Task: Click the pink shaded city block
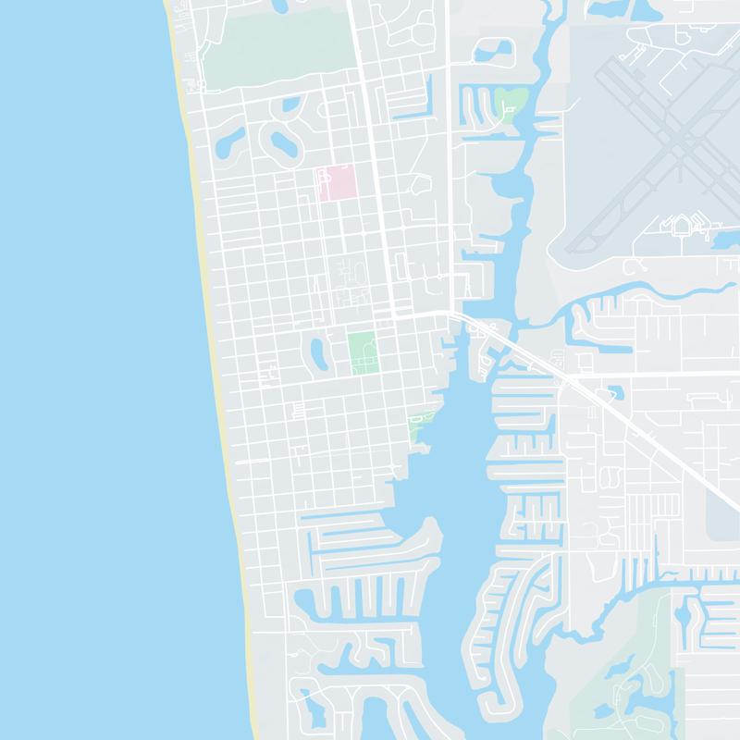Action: coord(337,182)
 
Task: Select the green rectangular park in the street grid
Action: coord(362,351)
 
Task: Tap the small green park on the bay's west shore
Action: coord(420,425)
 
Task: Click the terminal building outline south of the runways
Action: coord(682,226)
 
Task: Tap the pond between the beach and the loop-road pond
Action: coord(229,141)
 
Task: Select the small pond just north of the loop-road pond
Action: coord(290,103)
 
